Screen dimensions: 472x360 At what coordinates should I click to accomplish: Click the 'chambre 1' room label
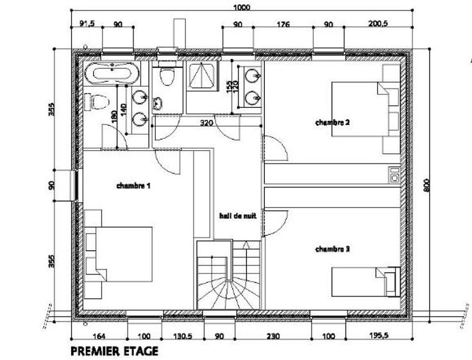[x=133, y=185]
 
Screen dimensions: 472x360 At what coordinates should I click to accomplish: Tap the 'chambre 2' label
[x=333, y=123]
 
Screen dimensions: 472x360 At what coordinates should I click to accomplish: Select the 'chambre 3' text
[x=333, y=249]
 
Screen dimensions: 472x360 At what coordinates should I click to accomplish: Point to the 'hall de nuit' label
[x=238, y=216]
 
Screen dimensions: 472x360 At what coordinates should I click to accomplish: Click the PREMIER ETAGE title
[x=114, y=351]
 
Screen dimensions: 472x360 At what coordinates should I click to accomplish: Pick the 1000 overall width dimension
[x=242, y=7]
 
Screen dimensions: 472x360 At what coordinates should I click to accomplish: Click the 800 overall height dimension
[x=427, y=185]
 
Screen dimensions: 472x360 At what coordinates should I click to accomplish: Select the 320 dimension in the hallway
[x=206, y=123]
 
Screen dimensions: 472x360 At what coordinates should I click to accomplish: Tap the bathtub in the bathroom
[x=112, y=73]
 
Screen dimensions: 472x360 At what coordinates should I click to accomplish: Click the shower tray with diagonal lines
[x=201, y=77]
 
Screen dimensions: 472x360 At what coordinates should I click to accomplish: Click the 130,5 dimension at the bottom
[x=183, y=336]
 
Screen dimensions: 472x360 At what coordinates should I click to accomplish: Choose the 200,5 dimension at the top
[x=378, y=24]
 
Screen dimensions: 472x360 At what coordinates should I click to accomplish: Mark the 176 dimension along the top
[x=283, y=24]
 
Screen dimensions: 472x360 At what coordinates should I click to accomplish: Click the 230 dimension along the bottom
[x=273, y=336]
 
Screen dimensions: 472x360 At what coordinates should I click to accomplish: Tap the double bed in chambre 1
[x=119, y=255]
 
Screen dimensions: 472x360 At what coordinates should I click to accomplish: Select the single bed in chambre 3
[x=366, y=282]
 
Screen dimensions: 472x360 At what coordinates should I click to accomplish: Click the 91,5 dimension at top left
[x=87, y=24]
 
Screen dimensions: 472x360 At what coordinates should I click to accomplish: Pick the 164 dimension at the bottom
[x=99, y=336]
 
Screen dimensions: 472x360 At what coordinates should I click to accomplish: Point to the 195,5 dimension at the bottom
[x=378, y=335]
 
